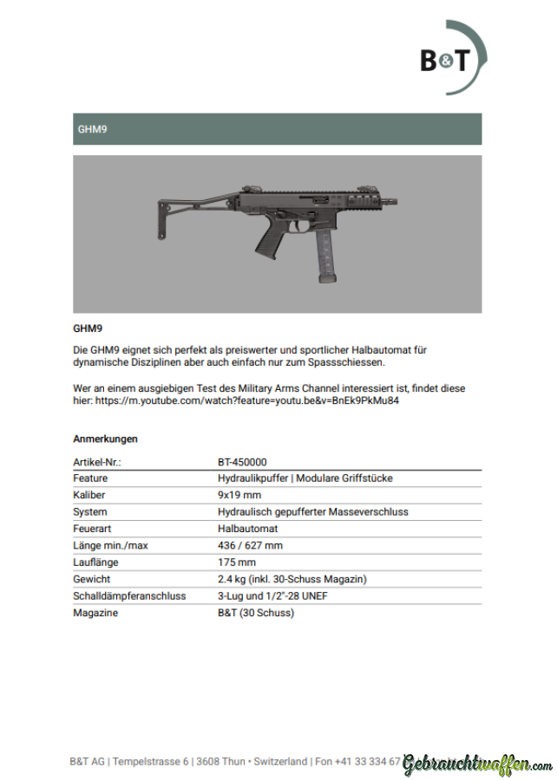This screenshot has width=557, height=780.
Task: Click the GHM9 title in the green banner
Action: click(x=91, y=129)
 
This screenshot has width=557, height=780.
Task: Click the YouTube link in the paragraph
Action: click(x=247, y=401)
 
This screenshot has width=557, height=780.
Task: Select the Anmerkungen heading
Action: click(x=105, y=439)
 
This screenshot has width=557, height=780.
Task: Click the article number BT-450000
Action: click(x=242, y=462)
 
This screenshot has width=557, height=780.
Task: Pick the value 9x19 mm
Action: click(x=239, y=495)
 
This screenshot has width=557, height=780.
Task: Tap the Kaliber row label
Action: click(x=89, y=495)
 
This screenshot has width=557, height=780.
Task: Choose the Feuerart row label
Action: click(x=93, y=529)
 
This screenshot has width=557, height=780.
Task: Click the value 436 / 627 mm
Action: click(x=250, y=546)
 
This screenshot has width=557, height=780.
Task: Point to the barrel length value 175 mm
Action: click(x=237, y=562)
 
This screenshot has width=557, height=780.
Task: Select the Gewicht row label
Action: click(x=91, y=579)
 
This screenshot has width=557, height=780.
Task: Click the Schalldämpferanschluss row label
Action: click(x=129, y=596)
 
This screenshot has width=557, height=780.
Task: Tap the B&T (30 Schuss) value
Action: click(x=256, y=613)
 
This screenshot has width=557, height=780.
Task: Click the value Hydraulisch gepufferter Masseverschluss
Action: click(x=312, y=512)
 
